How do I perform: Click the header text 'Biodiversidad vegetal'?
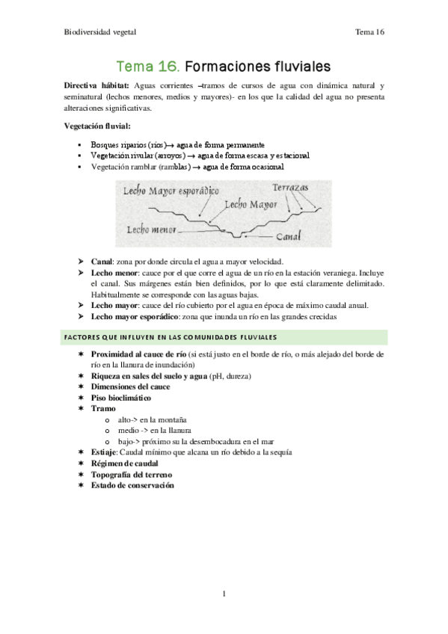[x=99, y=32]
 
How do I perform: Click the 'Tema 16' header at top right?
[x=369, y=32]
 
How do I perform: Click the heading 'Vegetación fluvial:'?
[x=97, y=126]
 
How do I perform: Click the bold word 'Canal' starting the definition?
[x=102, y=262]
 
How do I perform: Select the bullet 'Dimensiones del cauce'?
[x=130, y=387]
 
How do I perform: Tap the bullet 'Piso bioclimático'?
[x=120, y=398]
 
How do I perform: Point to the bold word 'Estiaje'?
[x=103, y=452]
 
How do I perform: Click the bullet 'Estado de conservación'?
[x=132, y=485]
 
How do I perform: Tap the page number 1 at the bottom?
[x=224, y=594]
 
